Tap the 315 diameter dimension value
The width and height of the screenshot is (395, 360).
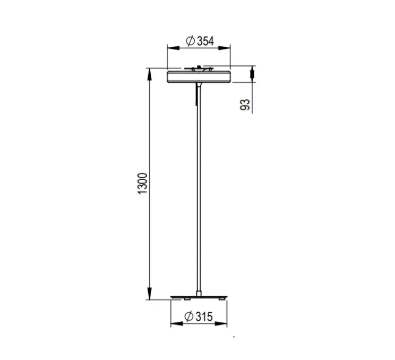coord(203,317)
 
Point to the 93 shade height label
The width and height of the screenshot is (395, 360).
coord(245,104)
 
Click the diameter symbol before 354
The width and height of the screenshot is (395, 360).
coord(190,41)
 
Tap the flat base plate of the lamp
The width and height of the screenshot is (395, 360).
coord(199,297)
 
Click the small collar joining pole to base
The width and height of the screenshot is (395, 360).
coord(199,293)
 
